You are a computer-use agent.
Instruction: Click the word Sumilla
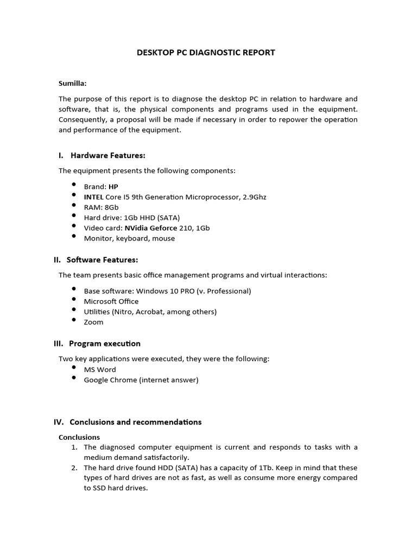(72, 83)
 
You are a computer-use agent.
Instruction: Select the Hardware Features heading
(108, 155)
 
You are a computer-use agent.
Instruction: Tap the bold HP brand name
(113, 186)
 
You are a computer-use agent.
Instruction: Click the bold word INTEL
(93, 197)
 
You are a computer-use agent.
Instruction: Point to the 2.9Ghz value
(254, 197)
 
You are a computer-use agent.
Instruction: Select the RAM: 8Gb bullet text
(101, 207)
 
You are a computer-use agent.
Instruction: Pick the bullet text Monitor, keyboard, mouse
(129, 238)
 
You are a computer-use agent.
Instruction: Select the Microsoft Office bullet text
(111, 301)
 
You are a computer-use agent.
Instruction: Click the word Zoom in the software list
(93, 322)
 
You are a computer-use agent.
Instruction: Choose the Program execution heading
(105, 343)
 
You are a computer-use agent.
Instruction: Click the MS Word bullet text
(100, 369)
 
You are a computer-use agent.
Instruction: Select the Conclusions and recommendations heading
(135, 422)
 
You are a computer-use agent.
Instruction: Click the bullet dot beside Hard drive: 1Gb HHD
(74, 216)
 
